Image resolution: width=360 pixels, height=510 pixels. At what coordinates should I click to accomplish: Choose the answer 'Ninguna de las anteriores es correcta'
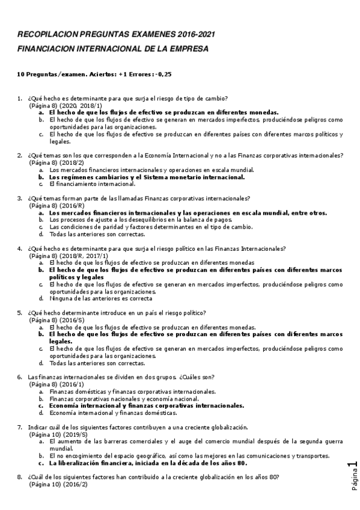pos(101,298)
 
